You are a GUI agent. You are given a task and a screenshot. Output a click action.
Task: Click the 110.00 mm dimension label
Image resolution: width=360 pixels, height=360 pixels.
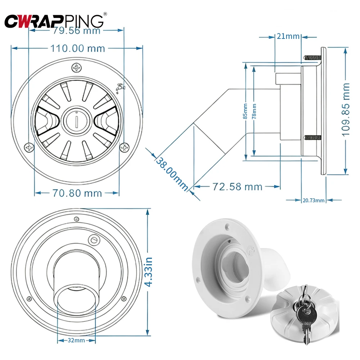tap(77, 48)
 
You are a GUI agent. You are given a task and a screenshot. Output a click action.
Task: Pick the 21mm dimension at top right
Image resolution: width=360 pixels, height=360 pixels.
tap(288, 36)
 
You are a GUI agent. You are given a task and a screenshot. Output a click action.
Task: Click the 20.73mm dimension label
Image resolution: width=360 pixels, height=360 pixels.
tap(313, 201)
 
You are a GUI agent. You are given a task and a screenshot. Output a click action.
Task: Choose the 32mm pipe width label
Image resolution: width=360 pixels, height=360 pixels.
tap(76, 340)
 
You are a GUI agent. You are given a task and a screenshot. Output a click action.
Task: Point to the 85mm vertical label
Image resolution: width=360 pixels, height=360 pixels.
tap(245, 111)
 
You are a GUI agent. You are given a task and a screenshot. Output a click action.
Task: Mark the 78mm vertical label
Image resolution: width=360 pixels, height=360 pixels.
tap(254, 111)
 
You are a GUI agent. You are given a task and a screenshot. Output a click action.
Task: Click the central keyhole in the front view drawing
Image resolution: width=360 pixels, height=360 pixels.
tap(77, 120)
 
